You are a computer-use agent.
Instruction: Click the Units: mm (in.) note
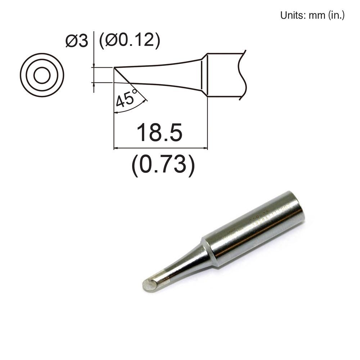point(312,16)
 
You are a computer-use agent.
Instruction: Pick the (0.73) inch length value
point(163,165)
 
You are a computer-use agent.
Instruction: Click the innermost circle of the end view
point(42,75)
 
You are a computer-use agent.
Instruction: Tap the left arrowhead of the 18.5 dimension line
point(116,148)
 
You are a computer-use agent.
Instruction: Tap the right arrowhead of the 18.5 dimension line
point(206,148)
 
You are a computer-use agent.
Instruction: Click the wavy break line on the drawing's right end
point(244,75)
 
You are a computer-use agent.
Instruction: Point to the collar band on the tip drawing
point(204,75)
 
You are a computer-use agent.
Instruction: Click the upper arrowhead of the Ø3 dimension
point(93,66)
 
